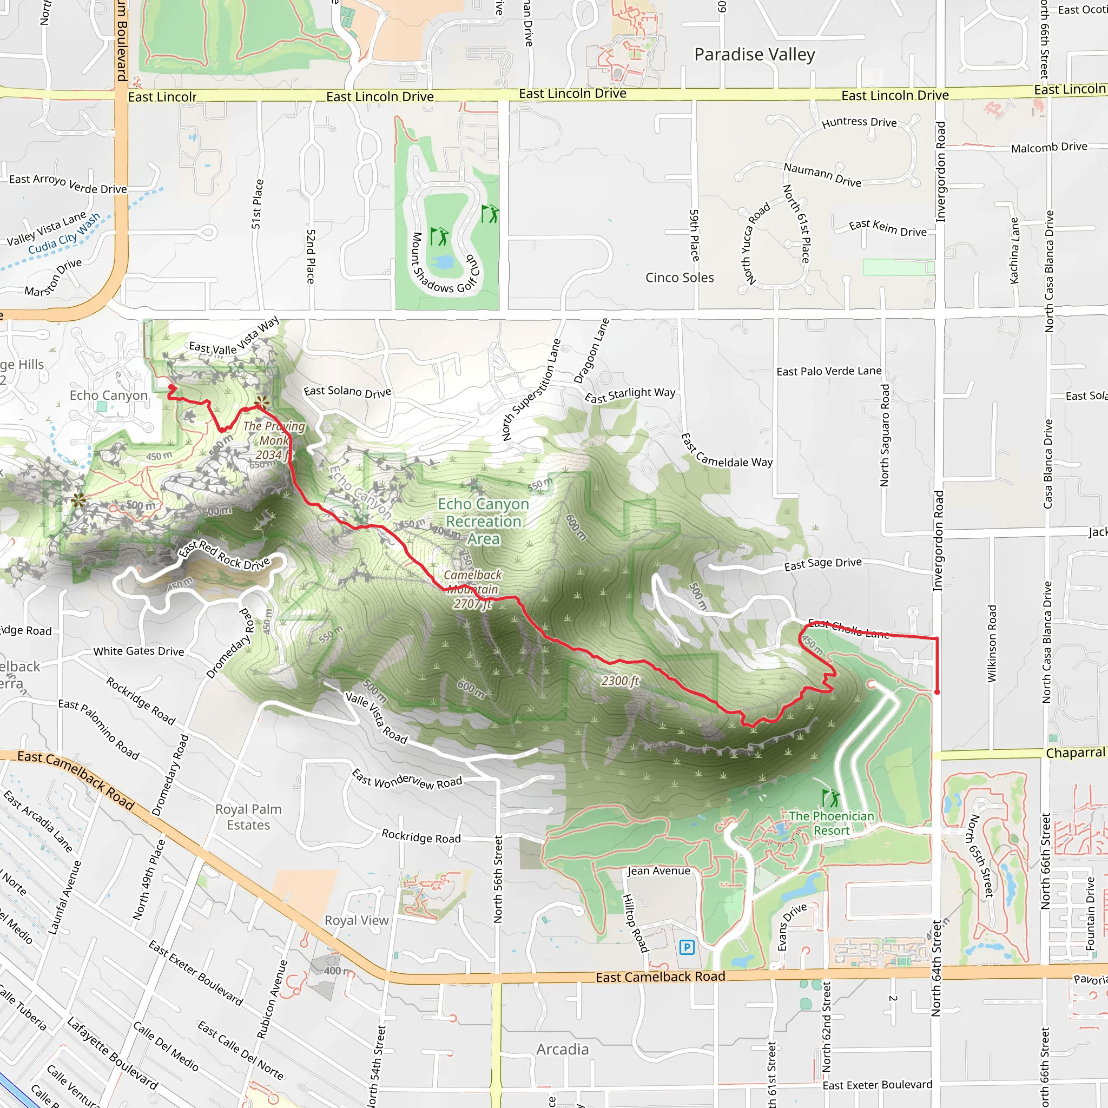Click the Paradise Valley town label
754,55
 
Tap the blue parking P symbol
687,947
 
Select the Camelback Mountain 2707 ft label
472,589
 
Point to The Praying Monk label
274,440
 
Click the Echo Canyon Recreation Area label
484,522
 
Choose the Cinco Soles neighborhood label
680,278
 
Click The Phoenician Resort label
831,823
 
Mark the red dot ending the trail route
937,692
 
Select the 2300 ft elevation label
620,681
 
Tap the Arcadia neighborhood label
563,1049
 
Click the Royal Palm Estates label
248,816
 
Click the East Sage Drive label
822,564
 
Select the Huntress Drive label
859,122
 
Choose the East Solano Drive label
347,392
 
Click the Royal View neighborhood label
356,920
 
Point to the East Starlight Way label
630,394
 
